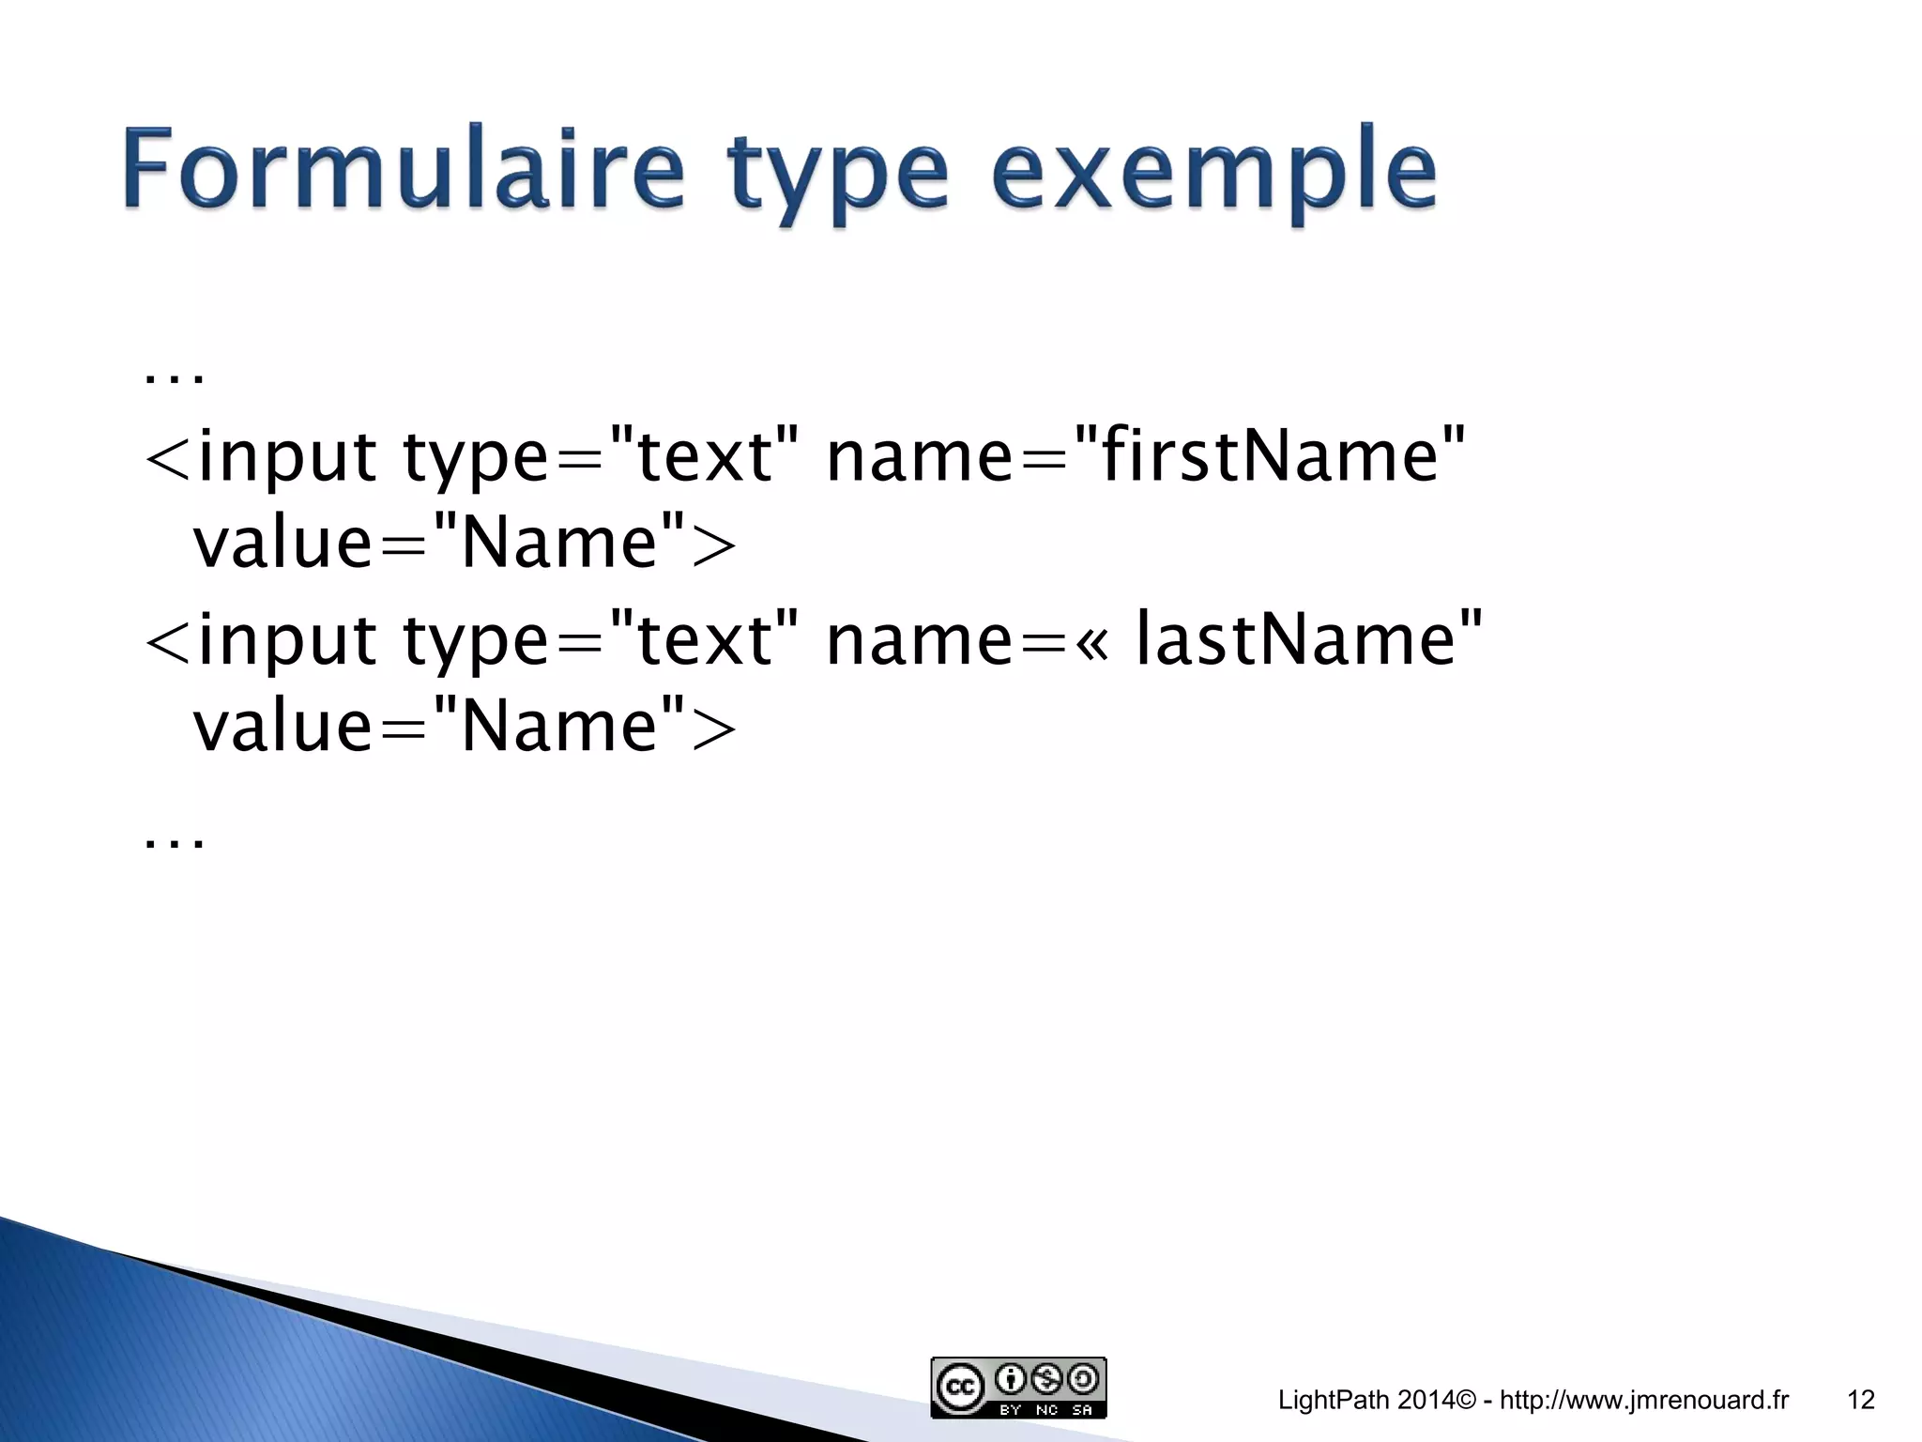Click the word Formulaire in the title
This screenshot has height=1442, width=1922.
(x=402, y=169)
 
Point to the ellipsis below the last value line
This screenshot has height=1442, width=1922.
(x=175, y=841)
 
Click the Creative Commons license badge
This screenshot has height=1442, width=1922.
(x=1018, y=1387)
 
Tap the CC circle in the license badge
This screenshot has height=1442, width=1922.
(x=960, y=1388)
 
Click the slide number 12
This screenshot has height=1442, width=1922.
(x=1860, y=1400)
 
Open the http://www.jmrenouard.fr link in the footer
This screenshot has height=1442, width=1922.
(x=1644, y=1400)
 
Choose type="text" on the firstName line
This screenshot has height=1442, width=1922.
(x=601, y=457)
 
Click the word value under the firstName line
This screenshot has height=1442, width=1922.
(x=282, y=545)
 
